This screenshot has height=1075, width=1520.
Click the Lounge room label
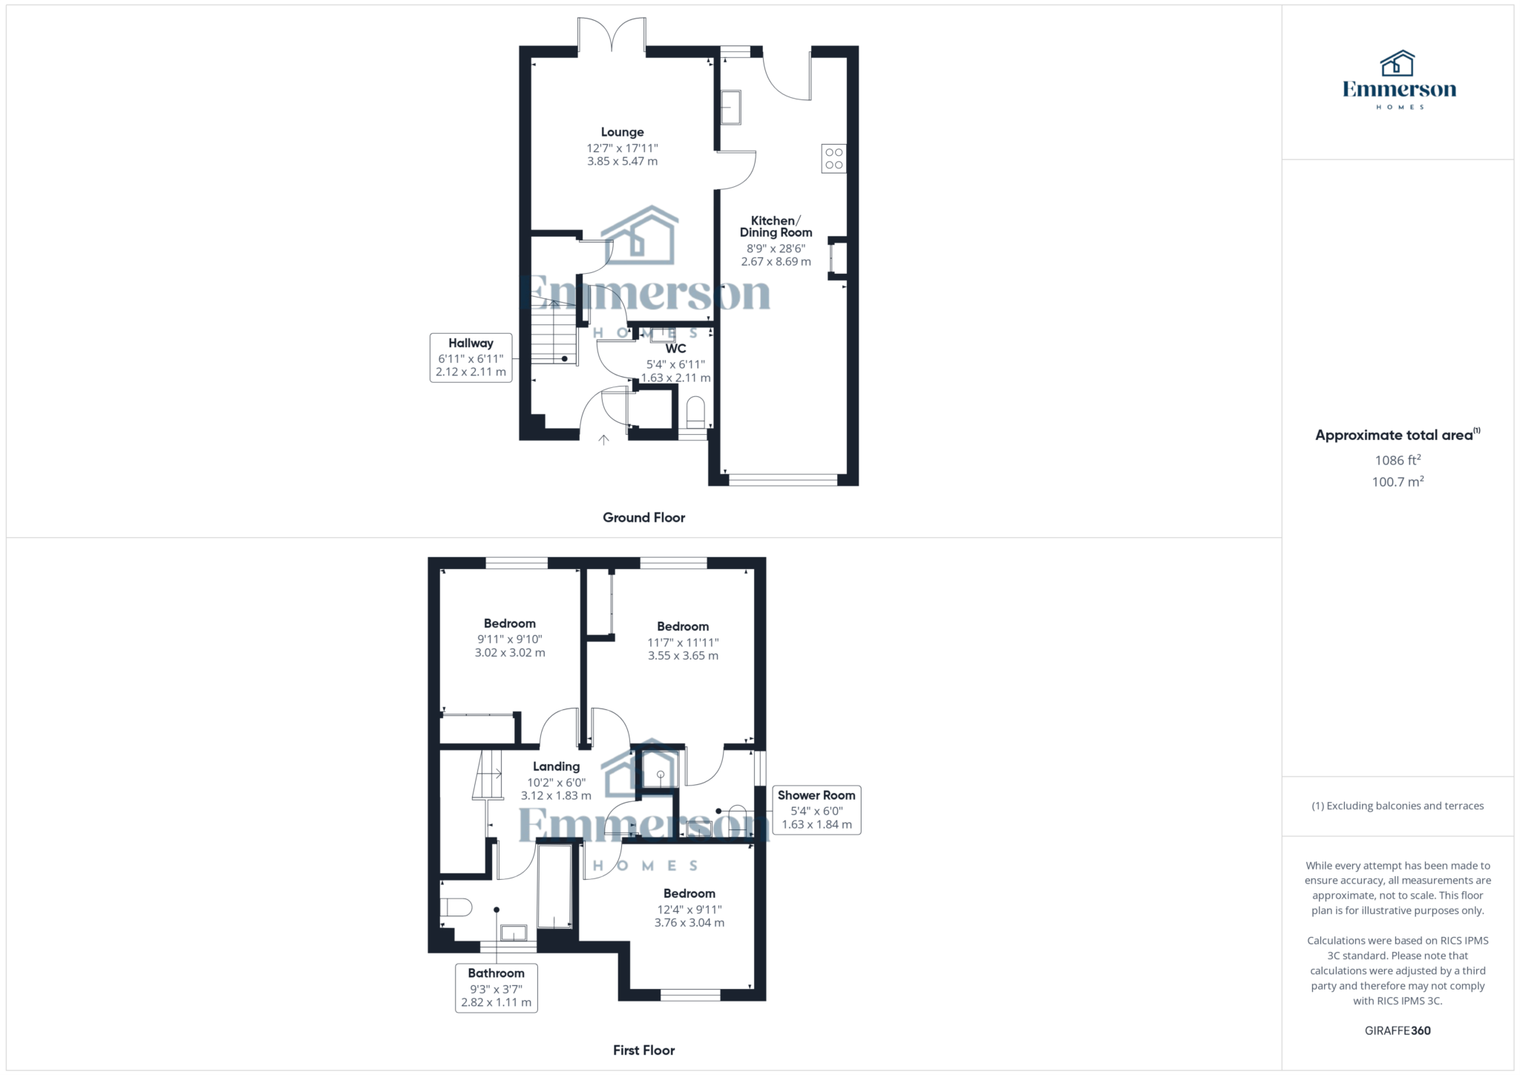[x=622, y=132]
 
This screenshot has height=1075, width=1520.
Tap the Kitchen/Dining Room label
[x=776, y=226]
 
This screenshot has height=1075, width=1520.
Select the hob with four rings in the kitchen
[x=833, y=158]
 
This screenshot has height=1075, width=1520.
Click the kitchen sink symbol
[x=730, y=108]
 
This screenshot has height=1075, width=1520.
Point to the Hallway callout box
[x=471, y=358]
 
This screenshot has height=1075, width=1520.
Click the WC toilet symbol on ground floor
[x=695, y=413]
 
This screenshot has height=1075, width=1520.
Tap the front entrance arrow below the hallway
[x=604, y=440]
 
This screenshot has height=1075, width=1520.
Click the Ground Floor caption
[x=643, y=517]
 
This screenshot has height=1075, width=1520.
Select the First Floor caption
[x=643, y=1050]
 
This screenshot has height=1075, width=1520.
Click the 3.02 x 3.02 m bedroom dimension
[x=510, y=653]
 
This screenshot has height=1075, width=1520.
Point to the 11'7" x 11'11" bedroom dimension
[x=683, y=642]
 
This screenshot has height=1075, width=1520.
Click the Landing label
[x=556, y=766]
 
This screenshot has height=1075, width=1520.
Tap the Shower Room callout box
[x=816, y=809]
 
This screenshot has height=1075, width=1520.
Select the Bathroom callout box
[x=496, y=987]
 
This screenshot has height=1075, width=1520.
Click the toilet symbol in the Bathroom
[x=456, y=907]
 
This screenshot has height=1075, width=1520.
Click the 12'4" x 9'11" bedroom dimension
[x=689, y=910]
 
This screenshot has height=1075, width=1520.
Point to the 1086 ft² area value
[x=1397, y=460]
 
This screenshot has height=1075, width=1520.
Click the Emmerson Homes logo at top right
[x=1398, y=80]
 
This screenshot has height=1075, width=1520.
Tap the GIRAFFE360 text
[x=1397, y=1030]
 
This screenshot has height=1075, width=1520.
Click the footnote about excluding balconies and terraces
[x=1397, y=806]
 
